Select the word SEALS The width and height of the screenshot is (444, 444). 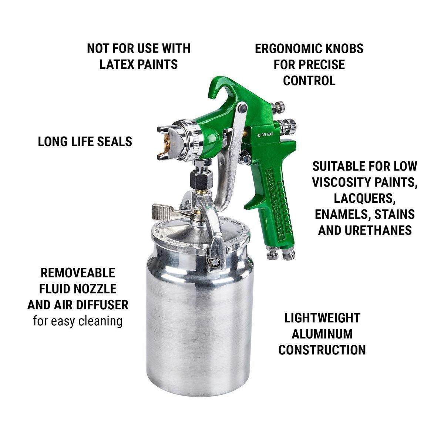pos(115,141)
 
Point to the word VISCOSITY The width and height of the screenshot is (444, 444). pos(341,182)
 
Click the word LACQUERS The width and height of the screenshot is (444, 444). pos(365,198)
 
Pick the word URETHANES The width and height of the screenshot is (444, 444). pos(379,230)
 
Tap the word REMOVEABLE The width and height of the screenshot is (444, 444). pos(78,273)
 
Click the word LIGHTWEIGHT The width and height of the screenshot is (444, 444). pos(322,318)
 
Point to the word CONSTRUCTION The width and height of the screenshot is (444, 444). pos(322,350)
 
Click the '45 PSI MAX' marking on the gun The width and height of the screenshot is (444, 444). pos(265,135)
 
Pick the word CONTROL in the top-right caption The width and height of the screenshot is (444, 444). pos(309,80)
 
